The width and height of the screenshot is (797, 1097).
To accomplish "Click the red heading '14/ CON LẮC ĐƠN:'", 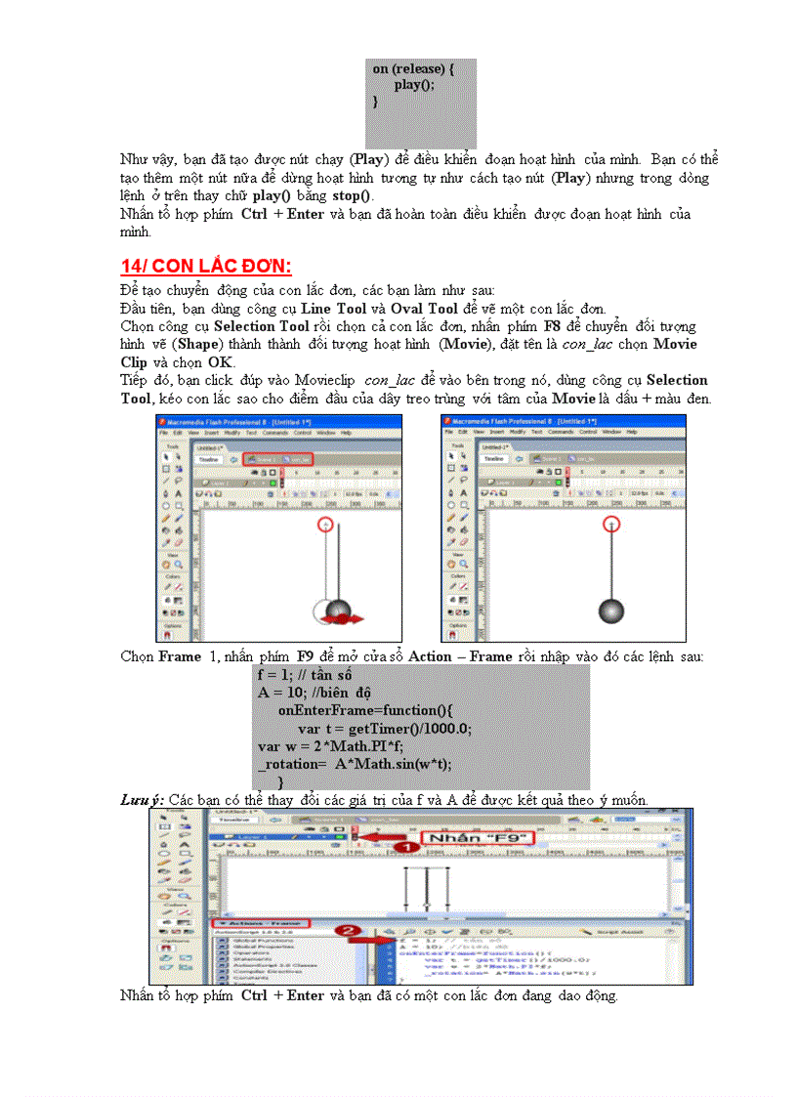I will (206, 267).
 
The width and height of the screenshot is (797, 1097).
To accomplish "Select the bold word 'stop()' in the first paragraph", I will (352, 195).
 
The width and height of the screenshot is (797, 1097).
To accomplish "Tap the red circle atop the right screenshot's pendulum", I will (611, 525).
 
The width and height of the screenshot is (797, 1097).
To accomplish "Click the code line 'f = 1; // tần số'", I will (304, 675).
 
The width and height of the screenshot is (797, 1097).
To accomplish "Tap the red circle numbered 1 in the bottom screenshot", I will (404, 847).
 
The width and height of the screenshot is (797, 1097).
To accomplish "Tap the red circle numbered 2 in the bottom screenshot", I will (344, 931).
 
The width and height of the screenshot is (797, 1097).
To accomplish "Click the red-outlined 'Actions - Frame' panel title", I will (261, 923).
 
